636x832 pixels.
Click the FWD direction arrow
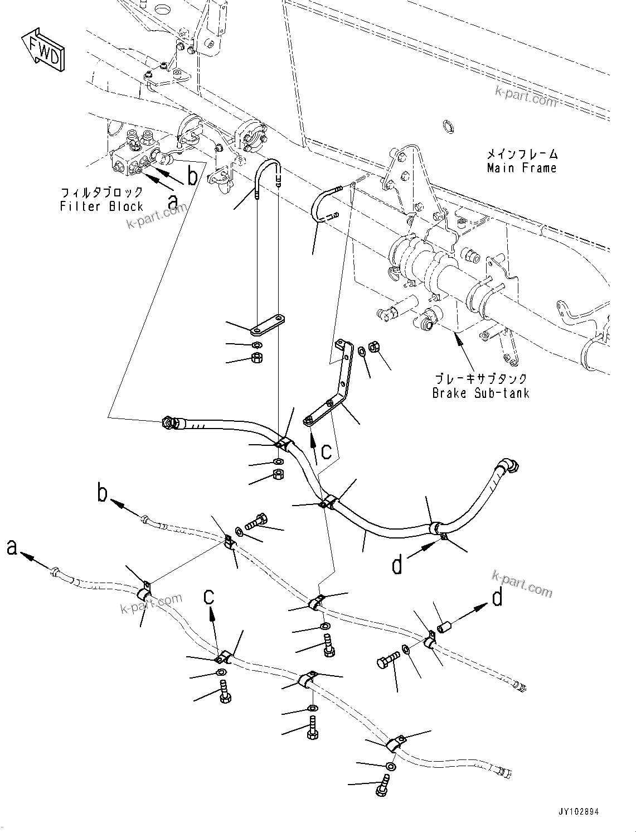click(43, 49)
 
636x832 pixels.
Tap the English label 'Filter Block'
click(101, 206)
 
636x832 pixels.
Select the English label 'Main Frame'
click(522, 168)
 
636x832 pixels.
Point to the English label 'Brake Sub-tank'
click(480, 393)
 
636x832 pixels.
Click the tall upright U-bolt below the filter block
click(268, 177)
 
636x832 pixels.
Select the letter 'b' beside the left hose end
click(103, 494)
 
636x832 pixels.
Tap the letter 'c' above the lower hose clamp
click(209, 597)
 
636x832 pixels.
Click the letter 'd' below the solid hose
click(397, 565)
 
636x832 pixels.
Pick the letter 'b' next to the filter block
click(192, 176)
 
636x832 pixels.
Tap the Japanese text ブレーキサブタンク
click(480, 379)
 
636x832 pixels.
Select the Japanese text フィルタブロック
click(101, 193)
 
